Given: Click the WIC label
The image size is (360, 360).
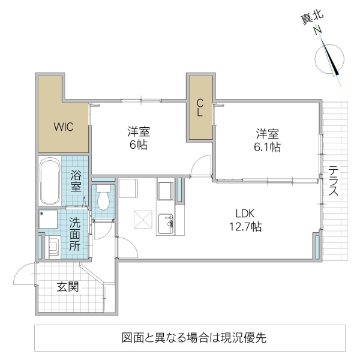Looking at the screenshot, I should coord(63,127).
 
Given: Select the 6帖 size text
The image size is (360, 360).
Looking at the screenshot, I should coord(138,145).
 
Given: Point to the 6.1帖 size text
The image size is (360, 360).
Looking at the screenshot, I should coord(268,146).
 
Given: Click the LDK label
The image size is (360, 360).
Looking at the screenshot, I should coord(245,213).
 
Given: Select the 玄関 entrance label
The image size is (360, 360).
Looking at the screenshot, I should coord(68,287).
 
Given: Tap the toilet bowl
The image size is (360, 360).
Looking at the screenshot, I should coord(104,199).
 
